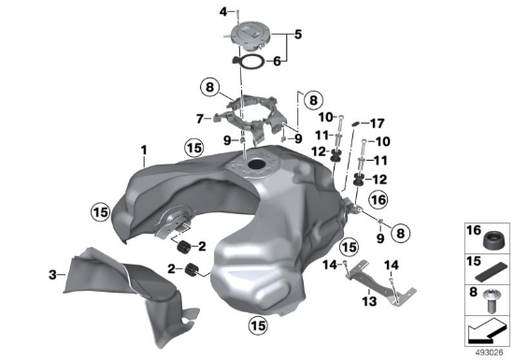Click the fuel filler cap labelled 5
pos(250,37)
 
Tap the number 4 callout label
pos(223,12)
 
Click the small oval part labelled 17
pos(356,124)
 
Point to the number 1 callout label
pos(144,151)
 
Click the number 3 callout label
pos(52,274)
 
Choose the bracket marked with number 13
pos(381,282)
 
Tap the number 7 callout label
pos(199,119)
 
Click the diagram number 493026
pos(489,353)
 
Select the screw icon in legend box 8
pos(490,300)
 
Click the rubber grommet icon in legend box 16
pos(493,240)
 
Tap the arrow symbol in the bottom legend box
pos(485,332)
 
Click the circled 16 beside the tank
pos(378,199)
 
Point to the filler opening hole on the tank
pos(257,165)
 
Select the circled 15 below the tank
pos(258,325)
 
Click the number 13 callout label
pos(369,301)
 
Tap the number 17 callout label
pos(377,123)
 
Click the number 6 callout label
pos(277,61)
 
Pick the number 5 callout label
pos(297,35)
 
